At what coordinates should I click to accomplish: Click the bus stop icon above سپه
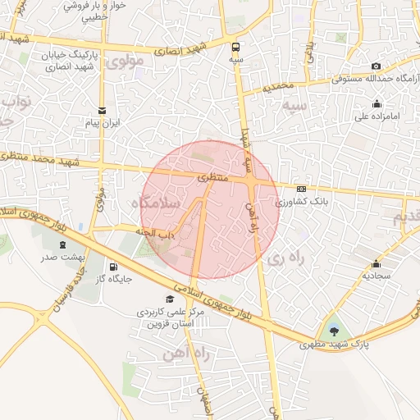click(x=236, y=47)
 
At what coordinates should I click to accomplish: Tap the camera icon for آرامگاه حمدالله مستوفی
click(x=376, y=66)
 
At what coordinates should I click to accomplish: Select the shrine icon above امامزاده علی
click(x=377, y=103)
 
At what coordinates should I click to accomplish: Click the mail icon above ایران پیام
click(x=103, y=110)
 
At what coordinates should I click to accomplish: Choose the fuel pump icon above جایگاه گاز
click(x=113, y=266)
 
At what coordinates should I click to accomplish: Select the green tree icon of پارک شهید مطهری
click(x=333, y=331)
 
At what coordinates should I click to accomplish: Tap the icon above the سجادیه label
click(x=377, y=263)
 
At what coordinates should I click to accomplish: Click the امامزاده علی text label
click(x=377, y=116)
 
